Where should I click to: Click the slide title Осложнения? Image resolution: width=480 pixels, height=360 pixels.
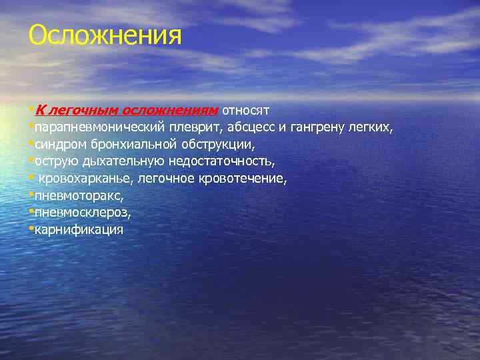(105, 35)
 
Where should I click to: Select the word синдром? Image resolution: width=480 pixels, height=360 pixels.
(59, 143)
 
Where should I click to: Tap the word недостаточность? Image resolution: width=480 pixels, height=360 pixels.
(221, 161)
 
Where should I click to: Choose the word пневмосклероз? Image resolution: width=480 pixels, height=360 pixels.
(82, 213)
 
